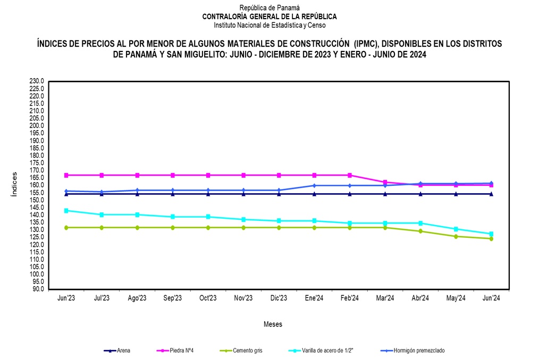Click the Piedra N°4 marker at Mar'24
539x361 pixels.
[385, 182]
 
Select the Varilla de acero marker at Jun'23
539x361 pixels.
[66, 210]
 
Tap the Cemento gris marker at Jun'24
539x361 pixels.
[491, 239]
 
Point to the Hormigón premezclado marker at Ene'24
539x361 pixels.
[314, 185]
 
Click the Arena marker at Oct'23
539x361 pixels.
[208, 194]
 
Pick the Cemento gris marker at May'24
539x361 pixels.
[456, 236]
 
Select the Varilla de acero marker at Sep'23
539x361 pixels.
[172, 217]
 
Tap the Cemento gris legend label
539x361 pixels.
[248, 350]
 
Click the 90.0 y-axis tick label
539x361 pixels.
[37, 289]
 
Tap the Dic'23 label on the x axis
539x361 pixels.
[279, 298]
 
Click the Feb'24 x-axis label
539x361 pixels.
[349, 298]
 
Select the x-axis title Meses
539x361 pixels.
[273, 324]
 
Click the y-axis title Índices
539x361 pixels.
[14, 185]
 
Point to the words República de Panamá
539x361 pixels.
[269, 8]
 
